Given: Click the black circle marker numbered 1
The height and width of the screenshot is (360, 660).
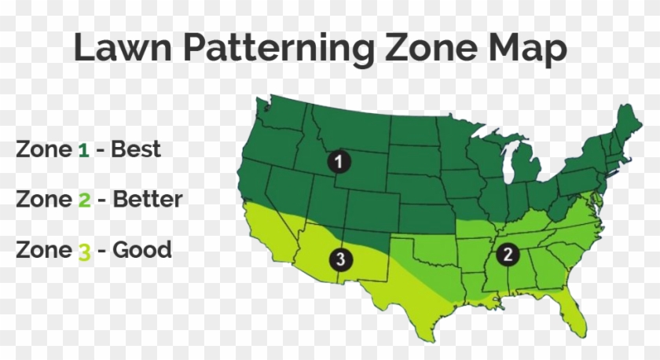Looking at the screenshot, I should click(x=338, y=162).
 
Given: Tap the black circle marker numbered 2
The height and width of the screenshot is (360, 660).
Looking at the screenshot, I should click(x=508, y=253).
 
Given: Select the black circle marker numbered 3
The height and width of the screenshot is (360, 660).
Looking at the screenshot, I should click(x=339, y=259).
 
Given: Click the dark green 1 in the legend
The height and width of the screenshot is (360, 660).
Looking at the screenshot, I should click(x=83, y=149).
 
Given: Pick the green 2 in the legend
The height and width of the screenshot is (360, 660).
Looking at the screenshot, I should click(x=85, y=200).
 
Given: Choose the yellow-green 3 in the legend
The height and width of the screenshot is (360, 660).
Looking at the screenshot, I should click(x=85, y=251).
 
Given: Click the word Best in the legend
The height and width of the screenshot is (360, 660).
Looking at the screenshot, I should click(x=136, y=149).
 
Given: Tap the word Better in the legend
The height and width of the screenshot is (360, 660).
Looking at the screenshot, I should click(x=148, y=199).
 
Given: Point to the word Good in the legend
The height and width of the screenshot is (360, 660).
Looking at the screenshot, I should click(x=142, y=250).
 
